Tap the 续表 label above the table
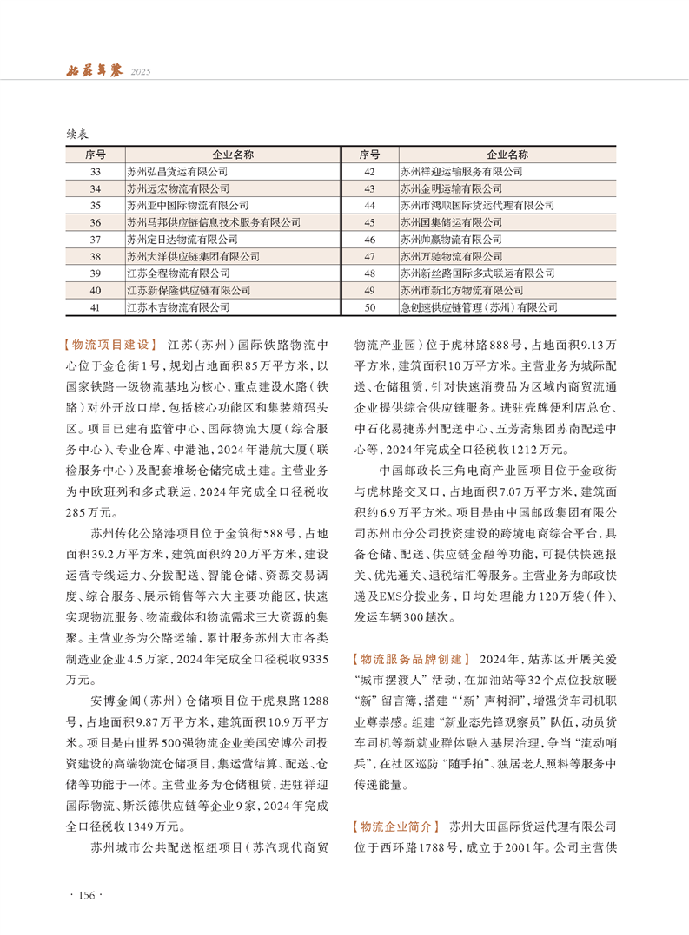(x=77, y=135)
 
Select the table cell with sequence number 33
(x=96, y=172)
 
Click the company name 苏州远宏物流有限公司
(x=177, y=188)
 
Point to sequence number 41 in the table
(x=96, y=307)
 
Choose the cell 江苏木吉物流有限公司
(x=177, y=307)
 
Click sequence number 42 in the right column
(x=369, y=172)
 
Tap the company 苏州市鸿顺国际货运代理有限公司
(x=476, y=206)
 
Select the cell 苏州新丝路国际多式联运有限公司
(x=476, y=273)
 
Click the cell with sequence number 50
(x=369, y=307)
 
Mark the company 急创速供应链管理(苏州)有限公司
(x=478, y=307)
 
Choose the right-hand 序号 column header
(x=369, y=155)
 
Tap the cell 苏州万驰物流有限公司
(x=451, y=257)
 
